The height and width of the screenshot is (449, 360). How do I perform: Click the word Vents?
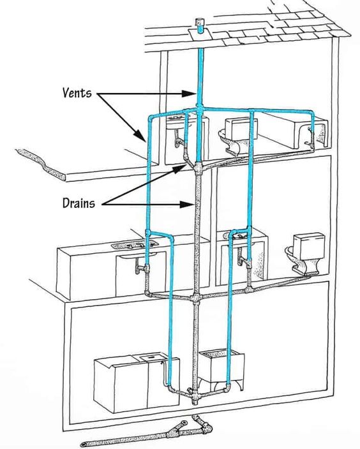click(77, 92)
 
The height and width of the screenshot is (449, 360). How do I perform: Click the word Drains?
click(79, 203)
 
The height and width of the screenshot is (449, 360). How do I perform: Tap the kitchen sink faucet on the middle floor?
click(137, 245)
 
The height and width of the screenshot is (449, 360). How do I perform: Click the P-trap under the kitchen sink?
click(141, 267)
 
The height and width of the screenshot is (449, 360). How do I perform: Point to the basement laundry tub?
click(221, 369)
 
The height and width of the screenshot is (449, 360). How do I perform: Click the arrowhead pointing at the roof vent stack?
click(188, 93)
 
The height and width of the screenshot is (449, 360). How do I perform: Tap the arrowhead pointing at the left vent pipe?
click(140, 136)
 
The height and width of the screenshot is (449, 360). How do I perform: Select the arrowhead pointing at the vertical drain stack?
click(186, 205)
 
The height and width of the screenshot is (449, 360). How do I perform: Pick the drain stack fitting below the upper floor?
click(197, 168)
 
